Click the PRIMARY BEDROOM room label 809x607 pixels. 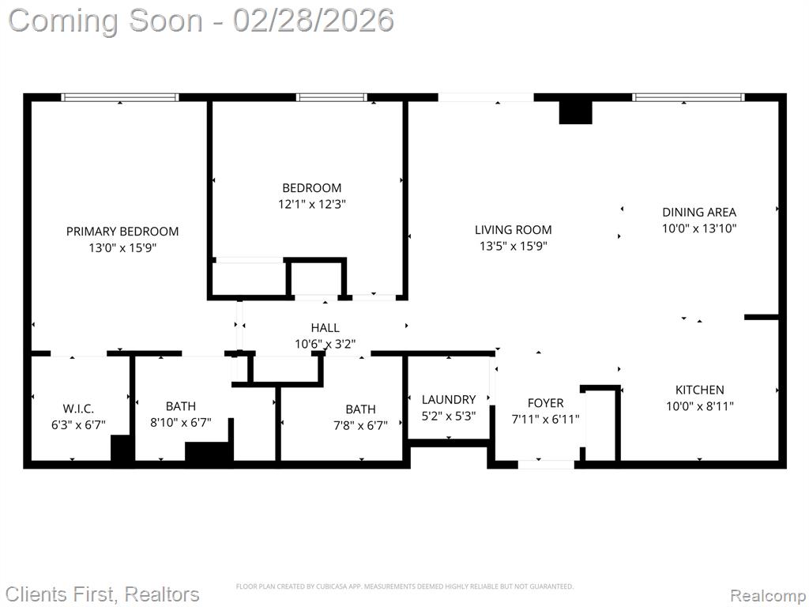[x=122, y=232]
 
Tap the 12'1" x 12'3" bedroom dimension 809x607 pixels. [x=311, y=204]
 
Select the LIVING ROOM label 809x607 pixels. [x=513, y=230]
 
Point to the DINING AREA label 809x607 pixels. [x=699, y=212]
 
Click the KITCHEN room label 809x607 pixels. [x=700, y=390]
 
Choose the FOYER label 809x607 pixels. [x=545, y=403]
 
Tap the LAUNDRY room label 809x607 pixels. [x=449, y=399]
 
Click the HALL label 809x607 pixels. [x=325, y=328]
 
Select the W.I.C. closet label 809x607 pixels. [x=78, y=409]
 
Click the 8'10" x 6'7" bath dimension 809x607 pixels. [x=181, y=423]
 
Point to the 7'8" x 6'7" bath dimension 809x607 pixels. [x=360, y=426]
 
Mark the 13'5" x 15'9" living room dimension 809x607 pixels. [x=513, y=247]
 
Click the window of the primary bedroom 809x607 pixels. [x=120, y=97]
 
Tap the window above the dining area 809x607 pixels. [x=688, y=97]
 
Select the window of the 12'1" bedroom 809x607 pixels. [x=332, y=97]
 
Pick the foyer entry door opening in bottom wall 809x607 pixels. [x=546, y=465]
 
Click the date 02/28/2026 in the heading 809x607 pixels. [x=313, y=21]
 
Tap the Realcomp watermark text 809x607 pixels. [x=768, y=595]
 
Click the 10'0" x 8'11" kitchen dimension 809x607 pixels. [x=700, y=406]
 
